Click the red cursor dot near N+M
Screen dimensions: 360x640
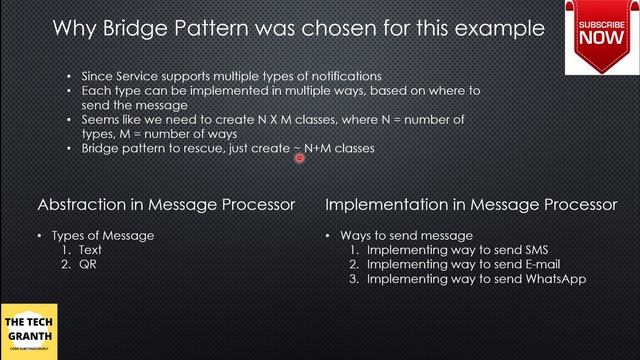[298, 157]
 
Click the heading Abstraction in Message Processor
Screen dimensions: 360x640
[166, 204]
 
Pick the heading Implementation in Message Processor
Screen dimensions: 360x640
[471, 204]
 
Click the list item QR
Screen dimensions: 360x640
[88, 265]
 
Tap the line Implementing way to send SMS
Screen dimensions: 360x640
[457, 250]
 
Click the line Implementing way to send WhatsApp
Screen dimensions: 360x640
[475, 280]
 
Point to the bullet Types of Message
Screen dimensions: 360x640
[108, 235]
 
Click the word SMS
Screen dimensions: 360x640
[533, 250]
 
